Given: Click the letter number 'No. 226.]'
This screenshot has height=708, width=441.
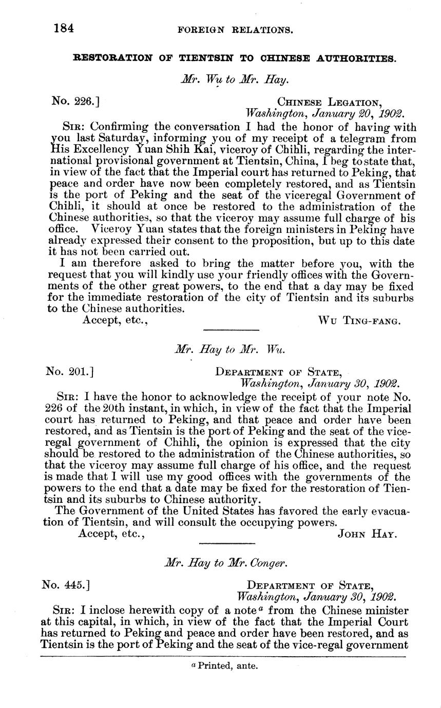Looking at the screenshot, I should click(75, 102).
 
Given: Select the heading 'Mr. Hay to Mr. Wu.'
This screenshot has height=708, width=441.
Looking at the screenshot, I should click(230, 349).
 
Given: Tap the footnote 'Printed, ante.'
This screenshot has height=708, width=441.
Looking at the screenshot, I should click(224, 666).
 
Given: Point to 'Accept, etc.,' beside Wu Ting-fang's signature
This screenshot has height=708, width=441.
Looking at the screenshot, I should click(115, 321).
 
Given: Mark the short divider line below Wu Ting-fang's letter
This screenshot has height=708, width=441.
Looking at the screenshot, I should click(232, 330).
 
